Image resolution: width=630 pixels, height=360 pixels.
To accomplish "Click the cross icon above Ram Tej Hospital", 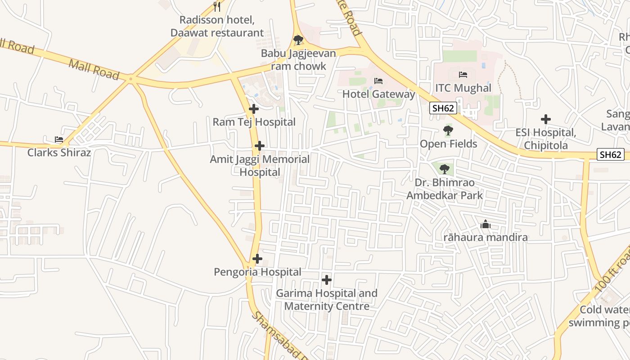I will pyautogui.click(x=254, y=109).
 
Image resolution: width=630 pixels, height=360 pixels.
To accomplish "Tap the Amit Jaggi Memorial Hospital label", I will pyautogui.click(x=260, y=166).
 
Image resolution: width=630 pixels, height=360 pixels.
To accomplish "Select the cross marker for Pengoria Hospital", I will pyautogui.click(x=257, y=259).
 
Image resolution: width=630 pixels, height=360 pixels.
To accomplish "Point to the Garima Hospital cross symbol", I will pyautogui.click(x=327, y=280).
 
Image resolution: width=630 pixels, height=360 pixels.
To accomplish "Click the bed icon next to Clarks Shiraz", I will pyautogui.click(x=59, y=139).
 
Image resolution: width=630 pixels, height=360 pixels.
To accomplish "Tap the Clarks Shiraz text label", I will pyautogui.click(x=59, y=153).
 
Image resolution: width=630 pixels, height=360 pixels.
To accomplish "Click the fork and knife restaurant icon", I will pyautogui.click(x=217, y=6).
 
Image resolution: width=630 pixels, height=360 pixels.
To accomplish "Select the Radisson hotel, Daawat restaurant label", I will pyautogui.click(x=217, y=27).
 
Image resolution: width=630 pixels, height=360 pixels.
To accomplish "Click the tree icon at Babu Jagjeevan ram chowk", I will pyautogui.click(x=298, y=40).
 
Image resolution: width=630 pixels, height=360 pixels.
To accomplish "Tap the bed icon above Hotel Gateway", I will pyautogui.click(x=378, y=81).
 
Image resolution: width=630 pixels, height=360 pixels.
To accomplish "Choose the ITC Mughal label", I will pyautogui.click(x=463, y=88).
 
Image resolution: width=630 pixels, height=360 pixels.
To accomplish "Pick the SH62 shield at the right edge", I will pyautogui.click(x=611, y=155).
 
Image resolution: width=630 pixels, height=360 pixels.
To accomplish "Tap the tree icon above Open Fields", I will pyautogui.click(x=448, y=131).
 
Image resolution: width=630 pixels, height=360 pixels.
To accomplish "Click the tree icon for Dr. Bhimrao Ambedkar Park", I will pyautogui.click(x=445, y=169).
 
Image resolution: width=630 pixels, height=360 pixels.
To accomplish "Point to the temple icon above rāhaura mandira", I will pyautogui.click(x=486, y=224).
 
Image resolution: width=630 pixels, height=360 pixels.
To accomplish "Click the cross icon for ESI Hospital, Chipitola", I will pyautogui.click(x=546, y=119).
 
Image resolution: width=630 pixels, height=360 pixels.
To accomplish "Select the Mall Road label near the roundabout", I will pyautogui.click(x=94, y=70).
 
